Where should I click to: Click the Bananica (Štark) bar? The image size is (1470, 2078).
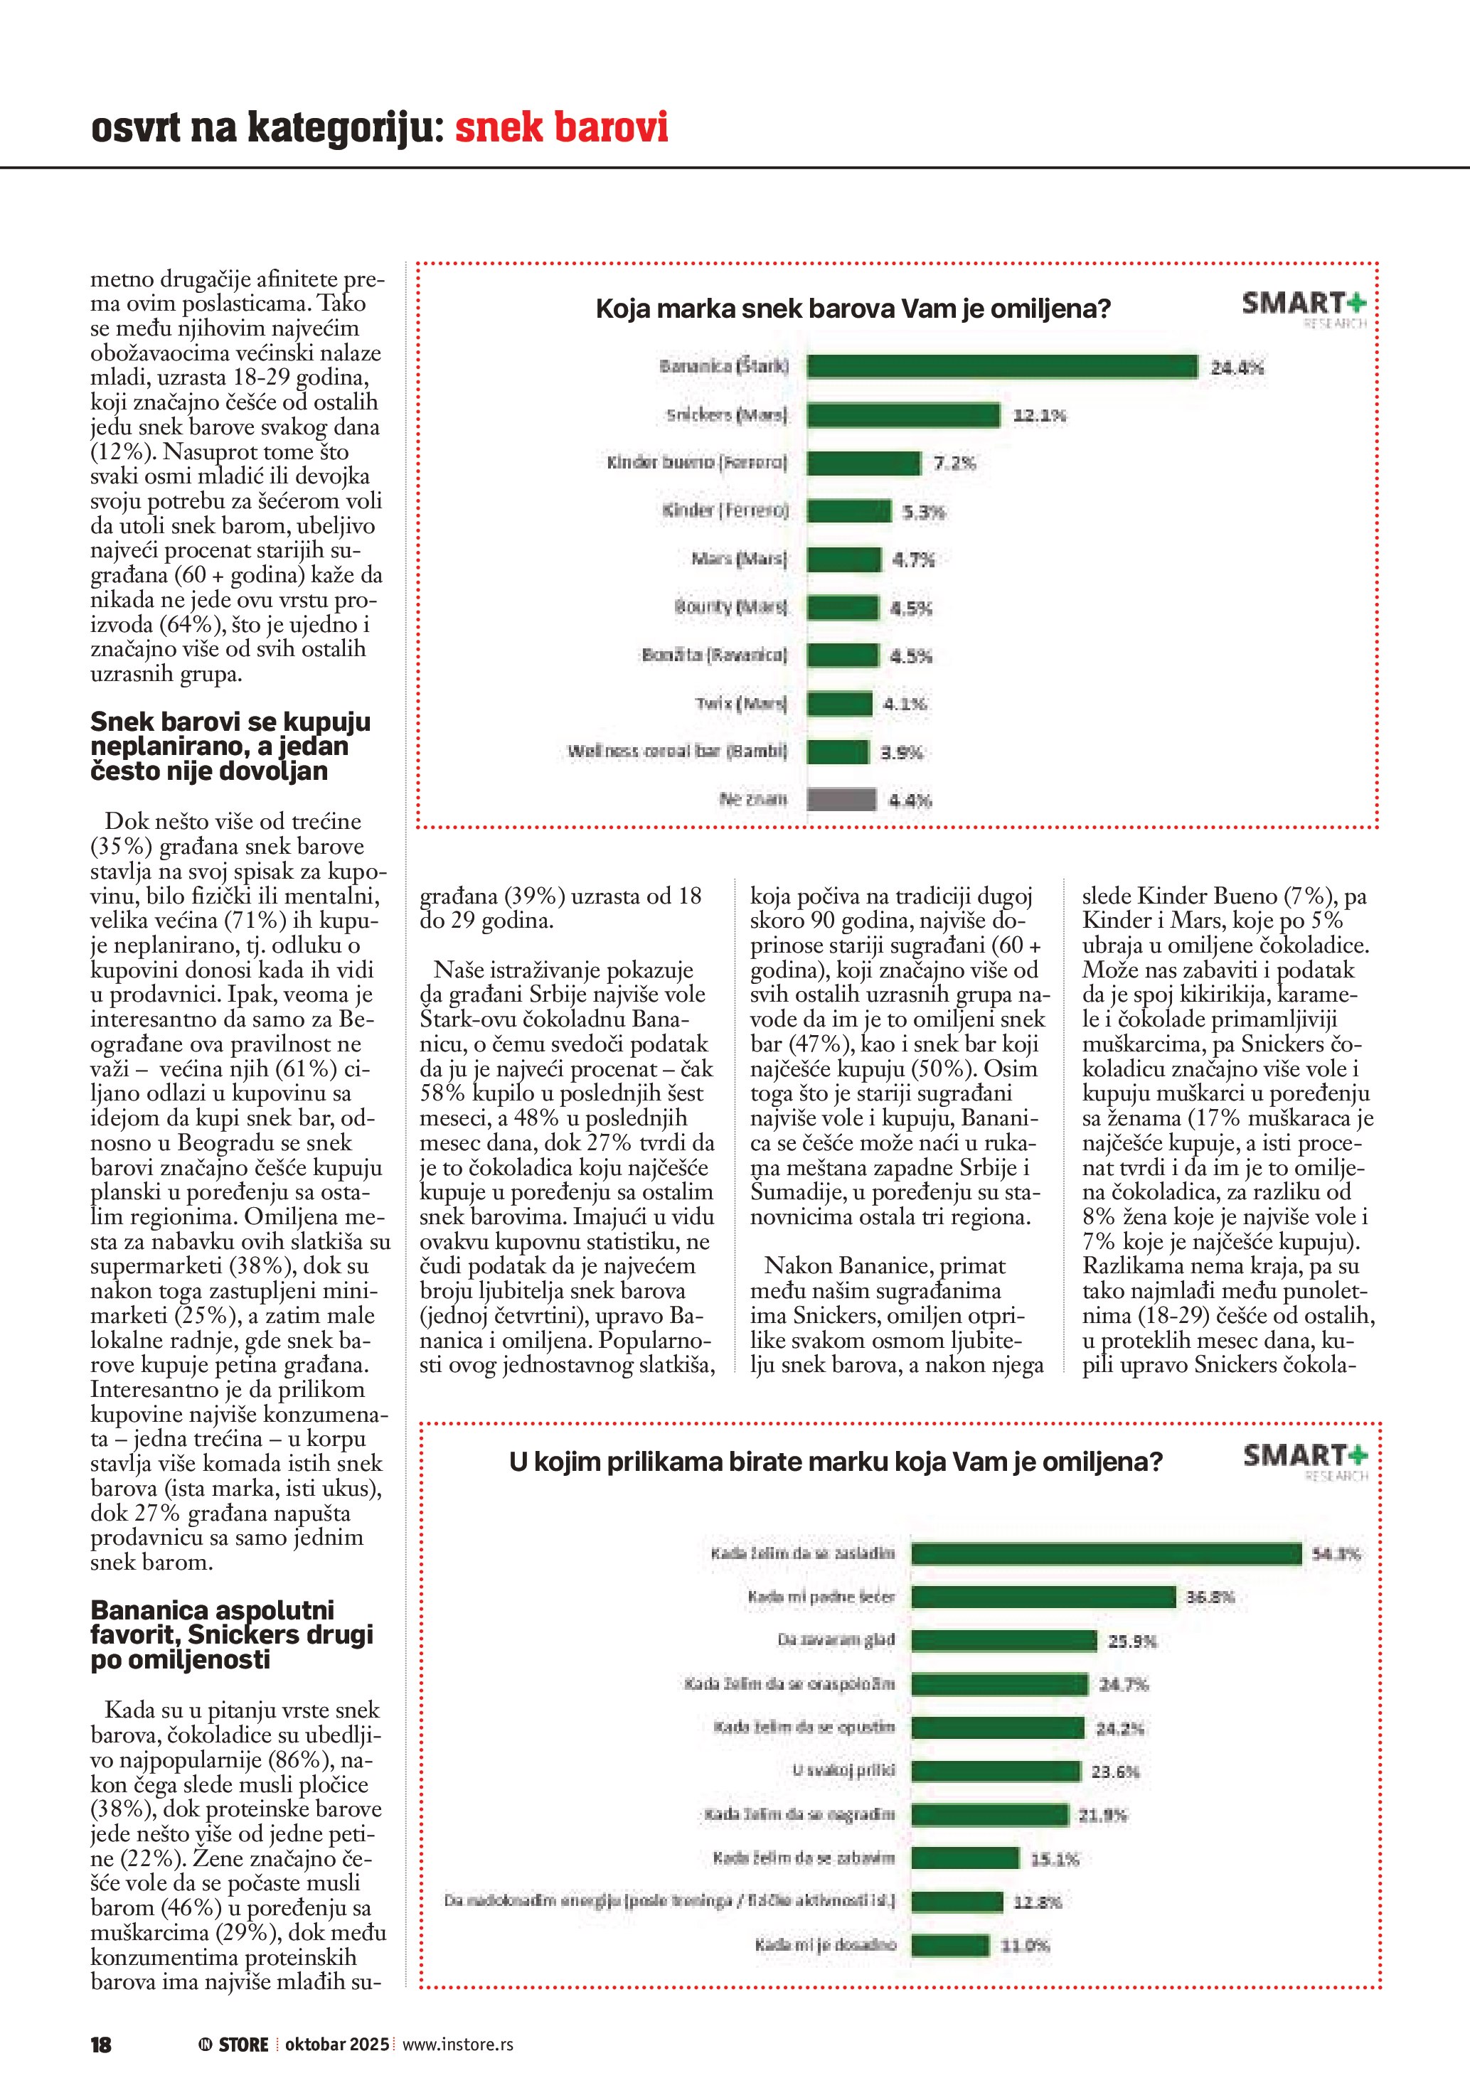[x=1001, y=367]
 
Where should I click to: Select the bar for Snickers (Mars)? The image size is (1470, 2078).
[x=902, y=415]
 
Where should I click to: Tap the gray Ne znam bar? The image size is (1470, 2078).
[x=841, y=799]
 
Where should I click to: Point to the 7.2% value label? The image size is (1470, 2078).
[x=954, y=464]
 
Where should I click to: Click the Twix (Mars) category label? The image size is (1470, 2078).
[x=740, y=703]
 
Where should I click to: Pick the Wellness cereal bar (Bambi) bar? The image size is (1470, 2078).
[x=837, y=751]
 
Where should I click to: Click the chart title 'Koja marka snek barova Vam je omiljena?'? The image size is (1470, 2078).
[x=852, y=309]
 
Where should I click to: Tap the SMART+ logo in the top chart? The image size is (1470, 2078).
[x=1304, y=306]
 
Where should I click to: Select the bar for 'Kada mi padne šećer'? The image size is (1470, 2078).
[x=1043, y=1597]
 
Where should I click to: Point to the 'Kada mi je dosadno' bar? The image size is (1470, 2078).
[x=949, y=1945]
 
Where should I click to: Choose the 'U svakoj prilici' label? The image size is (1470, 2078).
[x=843, y=1770]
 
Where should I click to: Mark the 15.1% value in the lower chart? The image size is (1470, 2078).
[x=1055, y=1859]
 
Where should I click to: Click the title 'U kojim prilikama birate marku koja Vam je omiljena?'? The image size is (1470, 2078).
[x=835, y=1462]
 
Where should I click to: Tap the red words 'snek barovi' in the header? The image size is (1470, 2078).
[x=560, y=127]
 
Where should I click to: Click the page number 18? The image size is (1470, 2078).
[x=100, y=2045]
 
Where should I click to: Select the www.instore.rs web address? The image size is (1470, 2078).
[x=457, y=2045]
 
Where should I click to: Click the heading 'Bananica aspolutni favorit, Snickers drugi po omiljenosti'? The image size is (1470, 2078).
[x=231, y=1634]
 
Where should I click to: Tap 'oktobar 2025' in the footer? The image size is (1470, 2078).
[x=336, y=2045]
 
